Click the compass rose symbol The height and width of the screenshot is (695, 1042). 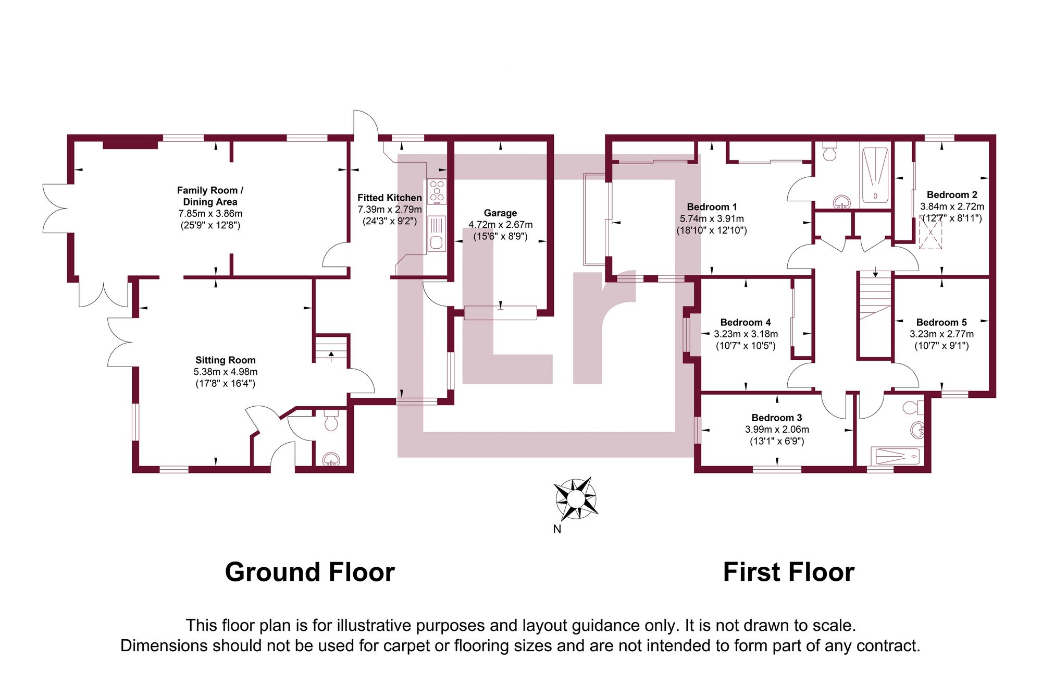pos(575,498)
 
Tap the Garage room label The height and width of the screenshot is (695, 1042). pos(500,213)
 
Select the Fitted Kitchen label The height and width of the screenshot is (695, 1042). pos(389,198)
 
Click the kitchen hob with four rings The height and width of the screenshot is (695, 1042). pos(437,191)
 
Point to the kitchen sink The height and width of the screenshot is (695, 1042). pos(437,234)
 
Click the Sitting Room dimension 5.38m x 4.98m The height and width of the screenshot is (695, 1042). pos(226,372)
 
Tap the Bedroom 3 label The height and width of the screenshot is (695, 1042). pos(776,418)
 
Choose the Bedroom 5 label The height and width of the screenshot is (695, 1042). pos(941,322)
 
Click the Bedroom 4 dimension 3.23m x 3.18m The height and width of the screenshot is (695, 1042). pos(746,334)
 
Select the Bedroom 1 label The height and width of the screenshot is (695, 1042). pos(712,207)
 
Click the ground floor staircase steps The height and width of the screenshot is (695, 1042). pos(331,348)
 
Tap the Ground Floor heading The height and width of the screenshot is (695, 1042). pos(309,572)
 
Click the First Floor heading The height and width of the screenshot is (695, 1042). pos(788,572)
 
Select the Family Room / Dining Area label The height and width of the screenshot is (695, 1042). pos(210,196)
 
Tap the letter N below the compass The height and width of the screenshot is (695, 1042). pos(557,529)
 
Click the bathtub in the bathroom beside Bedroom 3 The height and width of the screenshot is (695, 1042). pos(897,457)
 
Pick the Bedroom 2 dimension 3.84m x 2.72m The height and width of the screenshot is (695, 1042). pos(952,206)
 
